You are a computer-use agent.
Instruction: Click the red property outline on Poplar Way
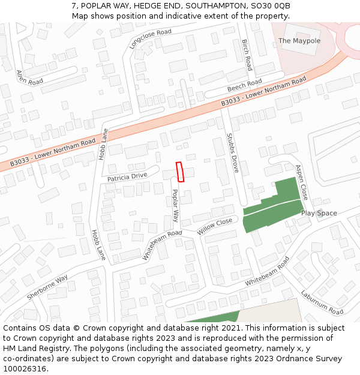pos(179,172)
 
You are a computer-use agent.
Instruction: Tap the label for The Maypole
pos(299,41)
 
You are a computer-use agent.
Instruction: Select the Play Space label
pos(319,213)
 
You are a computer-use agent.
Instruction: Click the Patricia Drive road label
pos(127,177)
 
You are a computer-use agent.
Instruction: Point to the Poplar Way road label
pos(175,206)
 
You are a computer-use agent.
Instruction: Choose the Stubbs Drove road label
pos(232,154)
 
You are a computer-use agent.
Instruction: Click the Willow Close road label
pos(215,226)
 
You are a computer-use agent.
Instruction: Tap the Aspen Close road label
pos(301,182)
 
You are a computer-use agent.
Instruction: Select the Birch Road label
pos(246,55)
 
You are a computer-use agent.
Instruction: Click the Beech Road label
pos(244,86)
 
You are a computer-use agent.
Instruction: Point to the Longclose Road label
pos(150,38)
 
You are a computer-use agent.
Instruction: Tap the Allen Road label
pos(29,76)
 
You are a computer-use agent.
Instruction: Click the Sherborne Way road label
pos(47,288)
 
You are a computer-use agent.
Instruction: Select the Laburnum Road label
pos(322,303)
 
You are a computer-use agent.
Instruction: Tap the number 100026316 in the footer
pos(25,368)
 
